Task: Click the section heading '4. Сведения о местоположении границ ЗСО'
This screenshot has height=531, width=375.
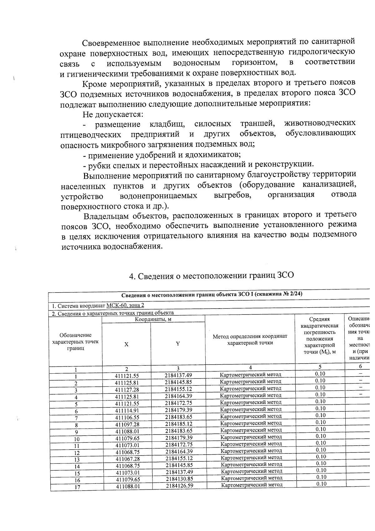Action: tap(212, 276)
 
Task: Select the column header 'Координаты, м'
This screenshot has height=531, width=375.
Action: tap(153, 319)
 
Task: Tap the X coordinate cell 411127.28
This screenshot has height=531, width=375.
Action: tap(127, 390)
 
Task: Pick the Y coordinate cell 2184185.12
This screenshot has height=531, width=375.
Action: tap(178, 424)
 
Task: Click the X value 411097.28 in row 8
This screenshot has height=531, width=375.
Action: tap(127, 424)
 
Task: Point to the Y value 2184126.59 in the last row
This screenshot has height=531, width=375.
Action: tap(179, 486)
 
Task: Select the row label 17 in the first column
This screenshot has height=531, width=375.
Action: tap(77, 487)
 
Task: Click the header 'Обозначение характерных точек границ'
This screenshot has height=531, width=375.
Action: tap(75, 342)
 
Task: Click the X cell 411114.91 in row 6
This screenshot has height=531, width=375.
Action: tap(127, 410)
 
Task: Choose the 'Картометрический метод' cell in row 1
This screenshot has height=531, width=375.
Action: tap(250, 375)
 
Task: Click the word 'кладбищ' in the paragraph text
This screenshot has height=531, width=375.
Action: tap(167, 124)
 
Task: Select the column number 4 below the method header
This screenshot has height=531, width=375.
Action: tap(250, 367)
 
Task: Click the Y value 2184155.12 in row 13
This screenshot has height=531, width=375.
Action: tap(179, 458)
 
